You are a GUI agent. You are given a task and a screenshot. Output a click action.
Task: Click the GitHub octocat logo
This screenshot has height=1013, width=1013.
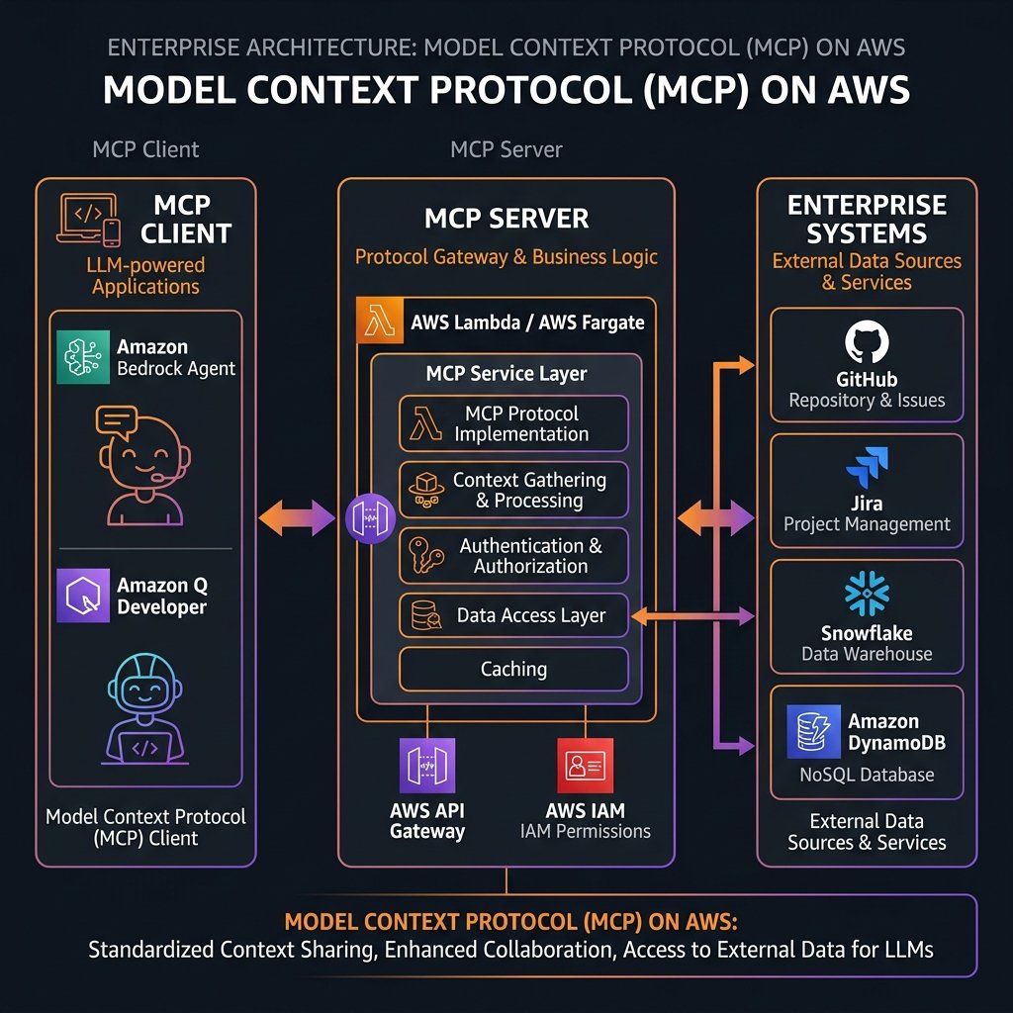click(867, 343)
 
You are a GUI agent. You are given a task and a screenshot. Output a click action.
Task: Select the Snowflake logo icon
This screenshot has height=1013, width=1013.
click(867, 594)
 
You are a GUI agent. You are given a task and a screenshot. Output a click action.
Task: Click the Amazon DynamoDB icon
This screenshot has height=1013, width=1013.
click(813, 731)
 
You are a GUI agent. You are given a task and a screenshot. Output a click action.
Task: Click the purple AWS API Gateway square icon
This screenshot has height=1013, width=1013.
click(427, 765)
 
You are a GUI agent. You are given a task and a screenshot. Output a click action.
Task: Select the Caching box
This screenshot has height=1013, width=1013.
click(513, 669)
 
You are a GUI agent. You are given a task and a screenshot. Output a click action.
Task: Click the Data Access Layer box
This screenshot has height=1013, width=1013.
click(513, 615)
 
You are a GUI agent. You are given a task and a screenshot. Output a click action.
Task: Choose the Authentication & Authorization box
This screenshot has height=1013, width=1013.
click(513, 556)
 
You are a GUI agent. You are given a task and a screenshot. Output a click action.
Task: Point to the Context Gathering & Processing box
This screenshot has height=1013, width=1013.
click(513, 490)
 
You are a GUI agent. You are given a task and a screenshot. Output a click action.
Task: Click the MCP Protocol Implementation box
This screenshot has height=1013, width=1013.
click(513, 423)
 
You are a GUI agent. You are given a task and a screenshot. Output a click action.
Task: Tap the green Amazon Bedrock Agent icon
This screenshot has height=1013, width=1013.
click(83, 356)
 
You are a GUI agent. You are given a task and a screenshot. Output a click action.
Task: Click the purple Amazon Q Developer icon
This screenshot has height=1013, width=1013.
click(83, 595)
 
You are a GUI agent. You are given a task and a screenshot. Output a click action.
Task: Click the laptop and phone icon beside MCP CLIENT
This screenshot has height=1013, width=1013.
click(90, 220)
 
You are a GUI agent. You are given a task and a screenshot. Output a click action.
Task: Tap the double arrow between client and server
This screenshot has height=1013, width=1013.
click(297, 517)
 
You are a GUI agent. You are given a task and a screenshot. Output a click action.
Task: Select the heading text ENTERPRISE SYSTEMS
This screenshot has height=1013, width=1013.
click(867, 220)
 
